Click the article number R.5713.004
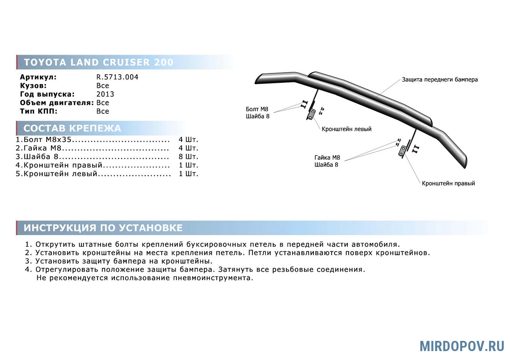117,77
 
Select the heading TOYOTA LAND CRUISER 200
98,62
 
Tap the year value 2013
105,94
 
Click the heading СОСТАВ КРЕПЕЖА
72,129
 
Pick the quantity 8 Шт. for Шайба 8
188,157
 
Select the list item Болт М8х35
47,140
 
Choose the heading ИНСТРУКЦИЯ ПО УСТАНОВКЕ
103,228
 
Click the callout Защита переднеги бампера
440,79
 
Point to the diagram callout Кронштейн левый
346,129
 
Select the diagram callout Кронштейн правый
448,183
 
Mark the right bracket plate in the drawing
402,152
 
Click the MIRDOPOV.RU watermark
461,346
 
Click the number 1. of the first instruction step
28,245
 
